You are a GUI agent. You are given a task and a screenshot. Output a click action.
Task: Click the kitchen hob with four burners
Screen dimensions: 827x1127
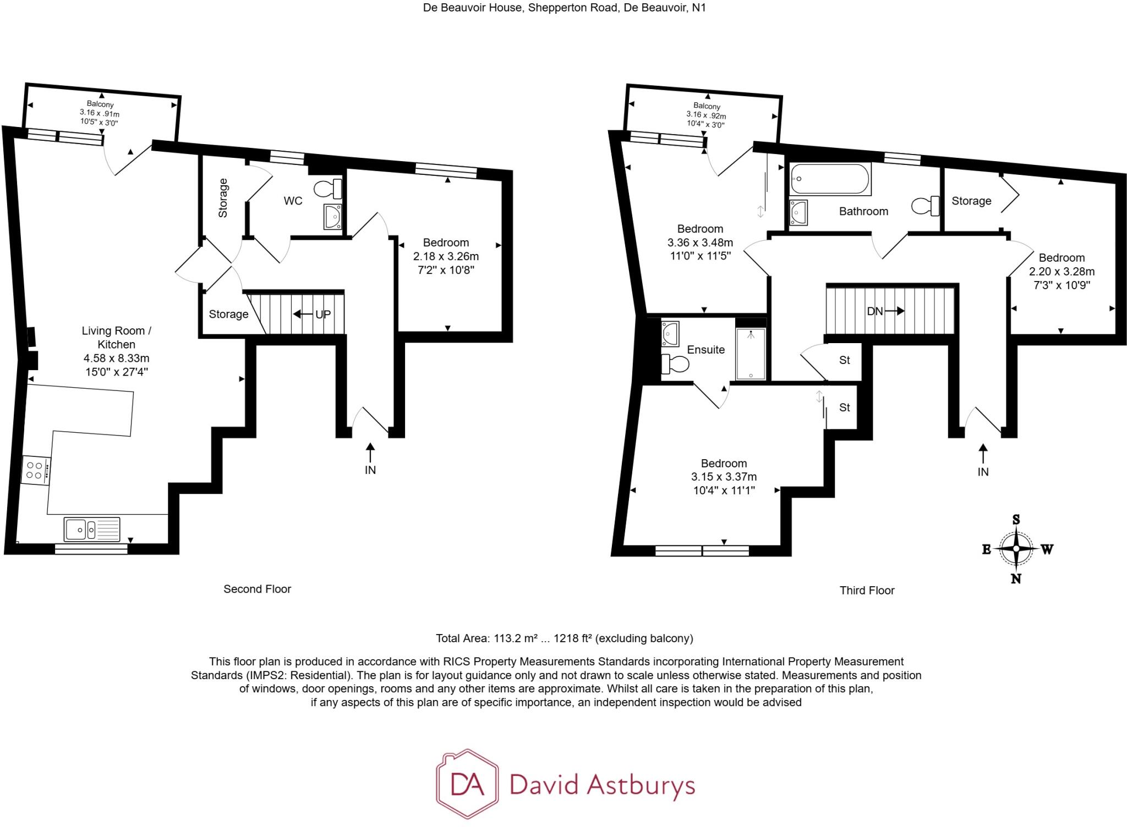tap(36, 471)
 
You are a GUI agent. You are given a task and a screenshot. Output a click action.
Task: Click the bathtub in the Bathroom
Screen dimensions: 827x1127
tap(830, 179)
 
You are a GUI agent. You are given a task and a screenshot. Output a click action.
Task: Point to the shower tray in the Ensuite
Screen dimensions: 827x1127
tap(751, 354)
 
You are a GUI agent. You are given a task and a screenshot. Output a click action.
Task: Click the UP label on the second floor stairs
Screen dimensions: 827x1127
tap(323, 315)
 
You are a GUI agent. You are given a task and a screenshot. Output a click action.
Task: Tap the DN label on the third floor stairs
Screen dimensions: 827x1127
tap(874, 311)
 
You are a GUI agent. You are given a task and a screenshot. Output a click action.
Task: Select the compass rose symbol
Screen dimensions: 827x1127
tap(1016, 549)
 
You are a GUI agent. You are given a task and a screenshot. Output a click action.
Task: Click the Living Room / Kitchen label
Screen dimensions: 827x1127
tap(116, 338)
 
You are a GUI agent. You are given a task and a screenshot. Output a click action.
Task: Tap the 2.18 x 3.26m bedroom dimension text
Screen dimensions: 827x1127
tap(446, 256)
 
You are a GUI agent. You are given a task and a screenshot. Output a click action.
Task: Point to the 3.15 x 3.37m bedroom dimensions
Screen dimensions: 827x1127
tap(724, 477)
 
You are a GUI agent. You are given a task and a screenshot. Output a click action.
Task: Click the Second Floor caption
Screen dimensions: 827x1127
tap(257, 589)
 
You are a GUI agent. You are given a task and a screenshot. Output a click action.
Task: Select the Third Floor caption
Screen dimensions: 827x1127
tap(867, 590)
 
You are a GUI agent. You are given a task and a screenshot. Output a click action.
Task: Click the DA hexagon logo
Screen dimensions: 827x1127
tap(467, 784)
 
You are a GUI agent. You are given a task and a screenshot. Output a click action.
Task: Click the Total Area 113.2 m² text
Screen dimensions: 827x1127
tap(564, 638)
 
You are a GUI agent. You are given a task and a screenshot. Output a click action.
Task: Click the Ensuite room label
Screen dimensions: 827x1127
tap(705, 350)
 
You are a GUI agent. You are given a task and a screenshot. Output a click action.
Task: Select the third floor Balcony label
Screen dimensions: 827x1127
tap(706, 106)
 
